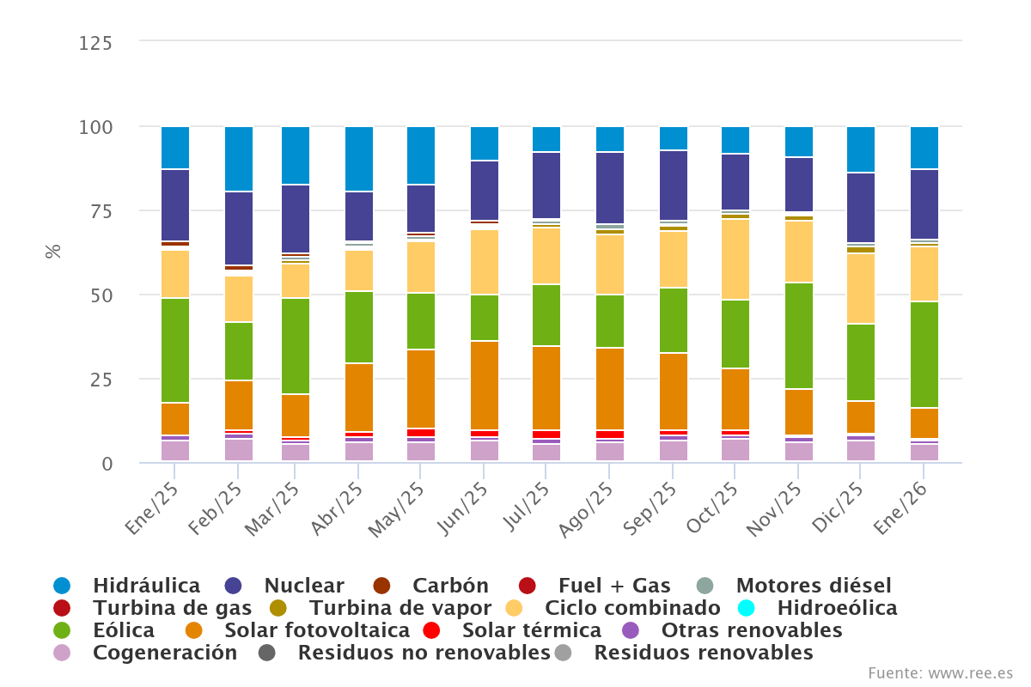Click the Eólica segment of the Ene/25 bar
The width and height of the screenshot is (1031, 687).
coord(175,350)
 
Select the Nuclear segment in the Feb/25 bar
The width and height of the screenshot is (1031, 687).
coord(239,228)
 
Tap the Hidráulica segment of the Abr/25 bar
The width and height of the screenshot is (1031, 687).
coord(359,159)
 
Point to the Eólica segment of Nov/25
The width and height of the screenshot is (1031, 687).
coord(799,336)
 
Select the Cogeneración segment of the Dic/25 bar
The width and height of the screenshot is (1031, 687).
coord(861,451)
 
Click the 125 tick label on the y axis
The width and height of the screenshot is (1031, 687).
coord(95,43)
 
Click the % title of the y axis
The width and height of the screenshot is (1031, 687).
coord(53,252)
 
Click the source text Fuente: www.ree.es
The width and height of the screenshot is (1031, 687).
coord(940,672)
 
